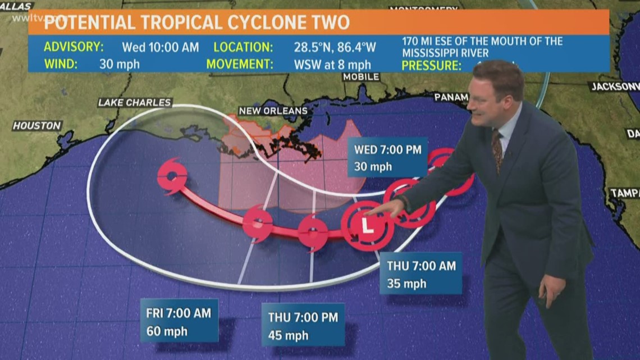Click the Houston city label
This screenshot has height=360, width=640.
tap(37, 125)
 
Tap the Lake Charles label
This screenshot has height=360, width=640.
tap(135, 102)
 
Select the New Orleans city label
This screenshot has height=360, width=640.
tap(273, 111)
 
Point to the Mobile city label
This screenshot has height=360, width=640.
tap(361, 77)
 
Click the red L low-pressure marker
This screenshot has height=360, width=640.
tap(367, 226)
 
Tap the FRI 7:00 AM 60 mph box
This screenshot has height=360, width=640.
tap(179, 320)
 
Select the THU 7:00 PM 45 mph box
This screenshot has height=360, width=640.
tap(303, 326)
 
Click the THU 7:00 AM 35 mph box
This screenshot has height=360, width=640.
tap(420, 274)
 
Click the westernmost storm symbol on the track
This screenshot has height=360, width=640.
tap(172, 176)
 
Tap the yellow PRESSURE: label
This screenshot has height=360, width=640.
tap(431, 65)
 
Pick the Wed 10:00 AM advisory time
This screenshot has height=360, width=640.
tap(161, 47)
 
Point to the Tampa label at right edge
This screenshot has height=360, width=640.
tap(624, 193)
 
